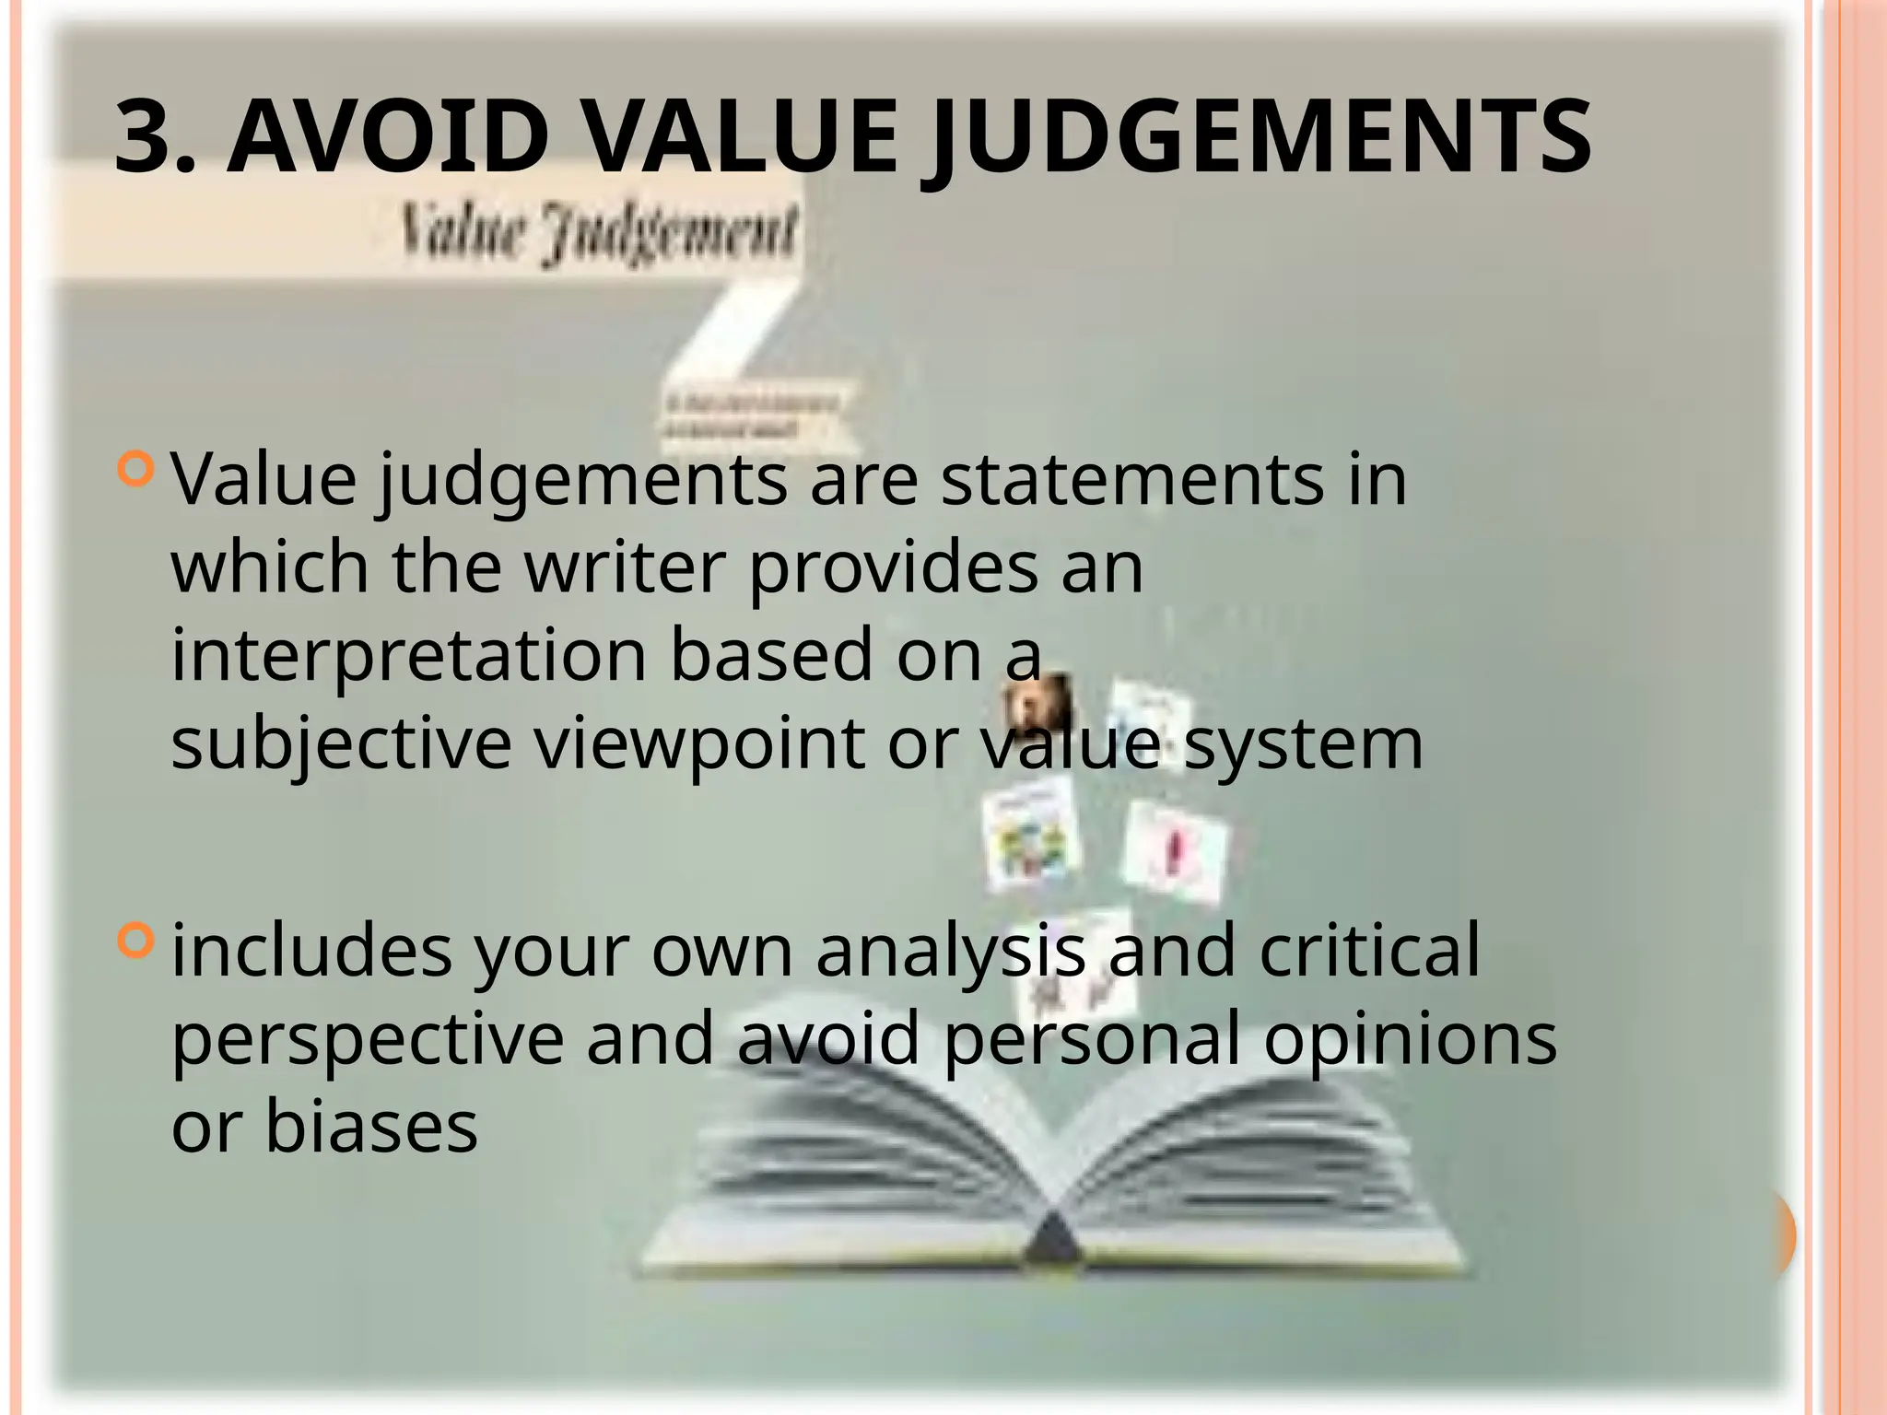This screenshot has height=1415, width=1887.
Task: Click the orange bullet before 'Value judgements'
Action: [x=136, y=469]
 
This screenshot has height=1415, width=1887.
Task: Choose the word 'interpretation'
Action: [x=409, y=656]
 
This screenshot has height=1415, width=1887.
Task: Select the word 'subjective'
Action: [x=341, y=744]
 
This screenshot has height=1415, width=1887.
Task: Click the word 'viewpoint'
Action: [x=700, y=744]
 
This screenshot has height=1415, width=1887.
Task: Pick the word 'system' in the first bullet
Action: [x=1304, y=744]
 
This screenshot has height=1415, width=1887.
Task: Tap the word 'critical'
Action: [x=1369, y=950]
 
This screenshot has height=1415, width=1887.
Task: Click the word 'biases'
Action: [x=371, y=1127]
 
